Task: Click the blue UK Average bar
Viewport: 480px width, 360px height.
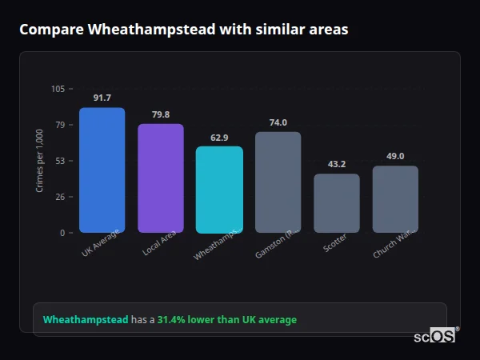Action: (x=102, y=170)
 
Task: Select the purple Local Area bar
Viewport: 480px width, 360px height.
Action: (x=160, y=178)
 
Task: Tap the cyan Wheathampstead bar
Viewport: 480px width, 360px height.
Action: (x=219, y=189)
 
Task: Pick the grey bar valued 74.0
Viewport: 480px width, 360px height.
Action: (x=278, y=182)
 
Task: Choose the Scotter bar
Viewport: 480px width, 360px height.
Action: (x=336, y=203)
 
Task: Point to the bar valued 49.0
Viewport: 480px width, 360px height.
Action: (x=395, y=199)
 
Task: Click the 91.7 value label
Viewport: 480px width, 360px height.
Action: (x=102, y=98)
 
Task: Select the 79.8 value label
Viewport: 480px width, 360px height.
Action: (x=160, y=114)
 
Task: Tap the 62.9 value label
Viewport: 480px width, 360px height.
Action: (x=219, y=138)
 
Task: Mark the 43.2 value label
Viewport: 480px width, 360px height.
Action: (x=336, y=164)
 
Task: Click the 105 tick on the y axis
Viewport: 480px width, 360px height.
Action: (x=58, y=89)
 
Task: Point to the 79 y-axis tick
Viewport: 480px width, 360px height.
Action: (x=59, y=125)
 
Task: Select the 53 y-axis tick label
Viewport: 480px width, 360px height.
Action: (x=59, y=161)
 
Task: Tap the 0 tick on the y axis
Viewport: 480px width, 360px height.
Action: (x=62, y=233)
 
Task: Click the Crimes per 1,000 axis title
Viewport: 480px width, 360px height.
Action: (x=40, y=161)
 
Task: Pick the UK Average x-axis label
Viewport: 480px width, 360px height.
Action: (x=101, y=243)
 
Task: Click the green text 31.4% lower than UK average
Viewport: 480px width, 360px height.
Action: (x=226, y=319)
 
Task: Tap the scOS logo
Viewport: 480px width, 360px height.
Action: (x=435, y=336)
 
